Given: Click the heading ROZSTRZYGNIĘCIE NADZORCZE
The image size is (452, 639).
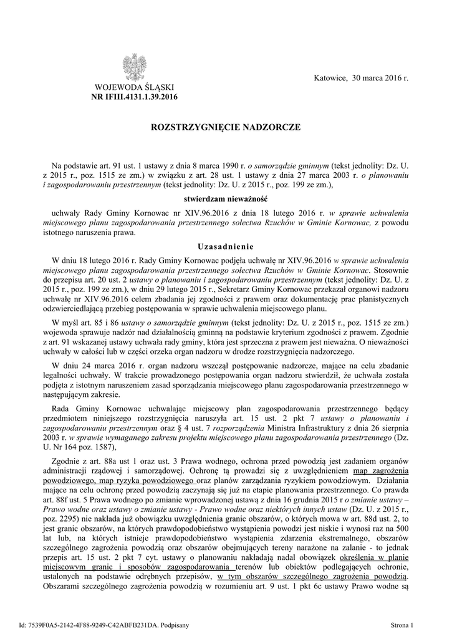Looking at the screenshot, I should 226,127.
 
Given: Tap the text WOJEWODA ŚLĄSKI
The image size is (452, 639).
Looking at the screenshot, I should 134,87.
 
